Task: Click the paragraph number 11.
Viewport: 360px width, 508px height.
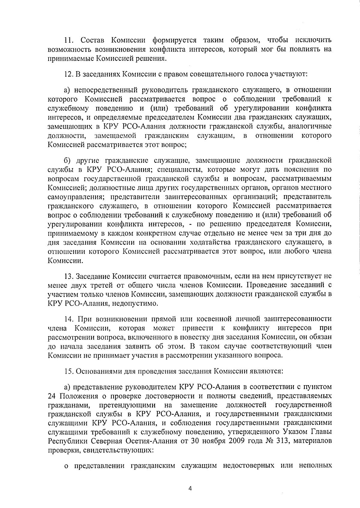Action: (x=69, y=40)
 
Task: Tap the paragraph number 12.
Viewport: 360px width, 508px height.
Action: (x=69, y=74)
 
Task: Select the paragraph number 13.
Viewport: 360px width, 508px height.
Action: (x=69, y=275)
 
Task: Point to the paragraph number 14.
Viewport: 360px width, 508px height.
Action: (x=69, y=318)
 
